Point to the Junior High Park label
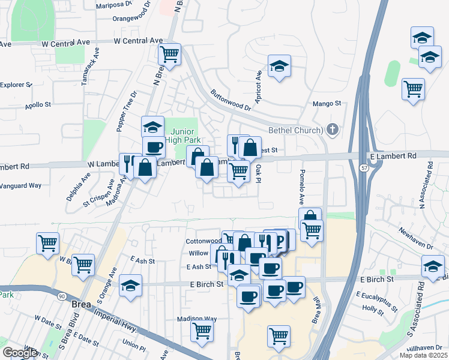[x=182, y=136]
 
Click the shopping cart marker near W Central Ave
[x=170, y=53]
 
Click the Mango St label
[x=327, y=104]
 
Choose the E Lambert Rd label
[x=393, y=156]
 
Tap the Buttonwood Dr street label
[x=231, y=101]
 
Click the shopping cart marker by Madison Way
[x=202, y=330]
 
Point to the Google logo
[x=19, y=352]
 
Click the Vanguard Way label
[x=21, y=185]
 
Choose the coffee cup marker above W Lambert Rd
[x=153, y=147]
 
